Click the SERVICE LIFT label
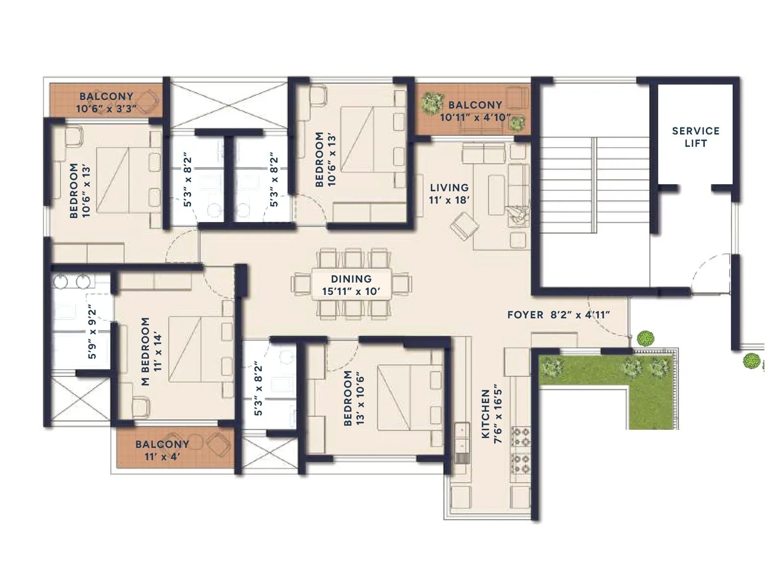(x=695, y=137)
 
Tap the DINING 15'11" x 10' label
(x=351, y=285)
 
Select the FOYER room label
(x=525, y=315)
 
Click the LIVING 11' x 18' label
(x=449, y=194)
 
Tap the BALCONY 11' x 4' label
(x=162, y=450)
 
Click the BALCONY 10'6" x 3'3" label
(x=106, y=102)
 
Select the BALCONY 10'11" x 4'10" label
(x=474, y=111)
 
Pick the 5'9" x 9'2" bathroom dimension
(x=92, y=333)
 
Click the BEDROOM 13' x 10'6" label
(x=354, y=398)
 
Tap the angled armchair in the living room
(x=464, y=226)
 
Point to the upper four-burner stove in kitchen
(x=520, y=436)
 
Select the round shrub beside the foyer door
(x=645, y=338)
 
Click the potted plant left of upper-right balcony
(x=432, y=102)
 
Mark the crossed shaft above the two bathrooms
(x=228, y=105)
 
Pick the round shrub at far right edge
(x=751, y=361)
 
